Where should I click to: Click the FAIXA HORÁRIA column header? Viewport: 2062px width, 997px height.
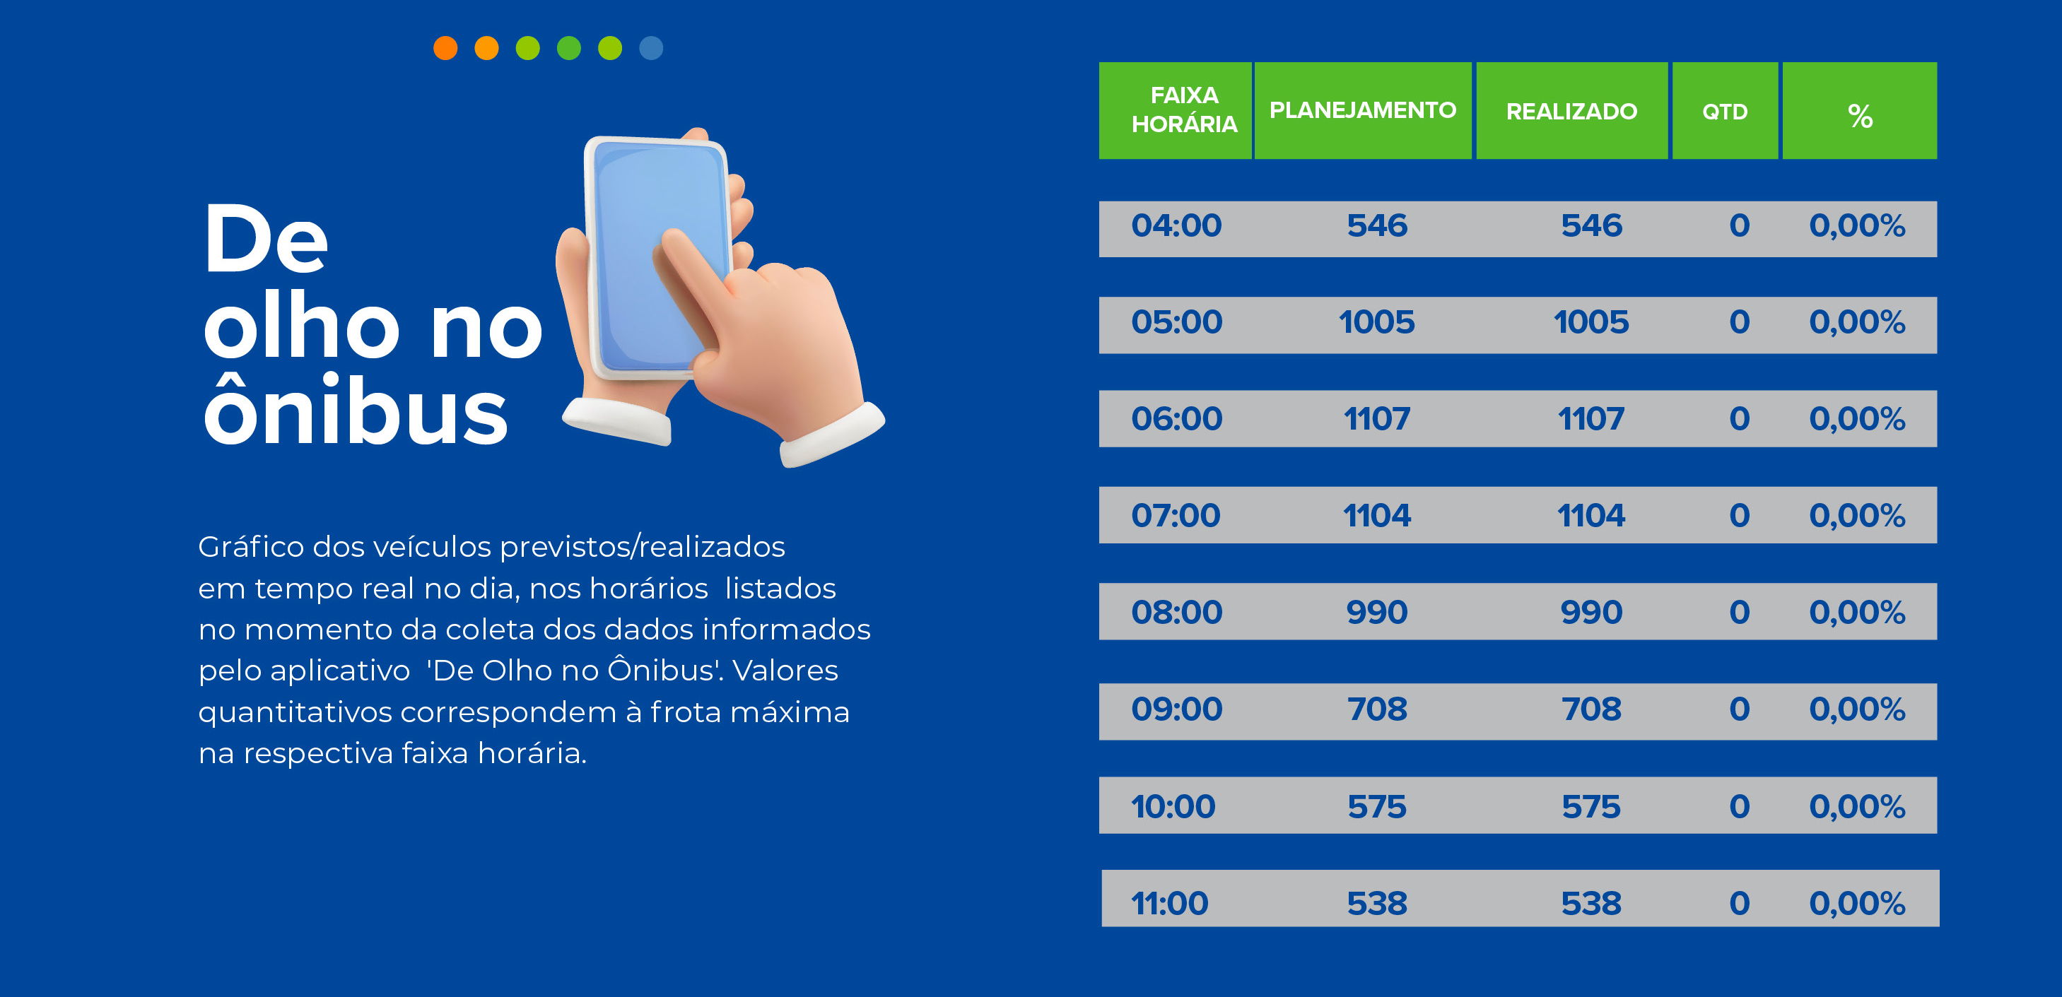1184,110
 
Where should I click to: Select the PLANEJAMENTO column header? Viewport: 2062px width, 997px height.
1362,110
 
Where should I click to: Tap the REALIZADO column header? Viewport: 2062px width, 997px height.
1571,111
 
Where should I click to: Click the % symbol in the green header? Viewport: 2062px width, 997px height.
1860,116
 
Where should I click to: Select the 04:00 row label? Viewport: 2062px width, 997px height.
1176,225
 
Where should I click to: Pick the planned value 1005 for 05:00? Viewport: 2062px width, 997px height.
1377,322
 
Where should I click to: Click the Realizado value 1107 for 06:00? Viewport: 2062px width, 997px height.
1591,419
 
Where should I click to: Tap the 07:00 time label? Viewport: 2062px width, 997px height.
1176,516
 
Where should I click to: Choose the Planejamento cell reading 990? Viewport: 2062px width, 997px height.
1377,613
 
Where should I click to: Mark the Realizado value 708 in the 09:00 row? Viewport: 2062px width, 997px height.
1591,709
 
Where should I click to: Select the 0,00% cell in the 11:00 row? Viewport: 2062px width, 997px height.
1857,904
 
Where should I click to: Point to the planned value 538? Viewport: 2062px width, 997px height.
1377,904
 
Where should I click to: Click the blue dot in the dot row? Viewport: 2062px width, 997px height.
651,48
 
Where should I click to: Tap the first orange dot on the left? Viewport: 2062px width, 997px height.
445,48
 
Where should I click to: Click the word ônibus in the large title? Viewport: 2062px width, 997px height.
356,408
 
